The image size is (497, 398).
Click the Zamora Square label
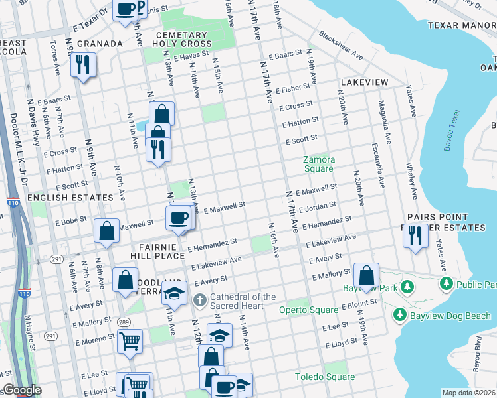coord(318,164)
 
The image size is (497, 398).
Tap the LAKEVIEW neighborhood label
coord(364,82)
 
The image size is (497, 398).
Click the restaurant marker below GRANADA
coord(84,65)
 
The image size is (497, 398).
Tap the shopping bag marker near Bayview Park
coord(366,275)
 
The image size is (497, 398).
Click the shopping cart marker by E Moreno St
coord(130,342)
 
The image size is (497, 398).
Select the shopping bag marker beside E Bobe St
coord(106,231)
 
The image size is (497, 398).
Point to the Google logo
coord(21,390)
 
